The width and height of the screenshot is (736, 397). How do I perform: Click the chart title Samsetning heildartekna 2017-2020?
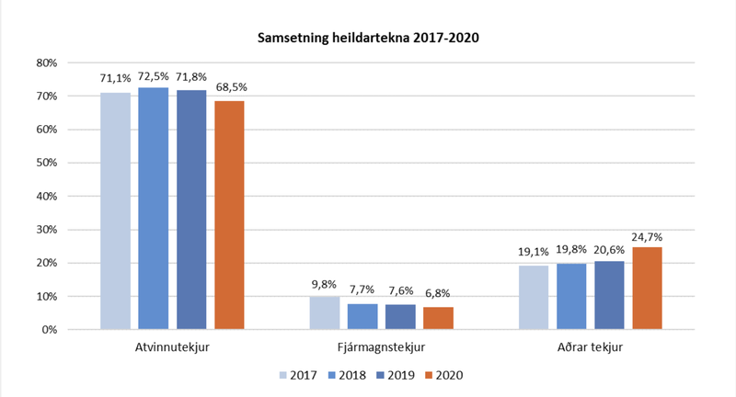point(368,39)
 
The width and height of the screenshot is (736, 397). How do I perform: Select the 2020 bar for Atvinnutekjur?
point(229,214)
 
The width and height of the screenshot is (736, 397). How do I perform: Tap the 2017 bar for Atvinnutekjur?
point(115,210)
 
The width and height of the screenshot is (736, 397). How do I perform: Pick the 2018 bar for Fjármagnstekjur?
point(362,316)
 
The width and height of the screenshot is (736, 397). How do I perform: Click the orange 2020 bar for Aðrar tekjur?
point(648,288)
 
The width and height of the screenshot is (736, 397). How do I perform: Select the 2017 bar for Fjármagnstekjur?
point(324,312)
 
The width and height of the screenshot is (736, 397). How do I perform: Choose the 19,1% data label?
point(533,251)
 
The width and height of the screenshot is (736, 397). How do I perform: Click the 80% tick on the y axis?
point(47,62)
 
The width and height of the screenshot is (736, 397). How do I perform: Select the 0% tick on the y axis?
point(51,329)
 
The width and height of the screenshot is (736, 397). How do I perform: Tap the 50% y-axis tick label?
point(47,163)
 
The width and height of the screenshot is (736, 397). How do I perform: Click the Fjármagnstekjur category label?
point(381,348)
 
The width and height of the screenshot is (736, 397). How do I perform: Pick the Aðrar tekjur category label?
point(590,348)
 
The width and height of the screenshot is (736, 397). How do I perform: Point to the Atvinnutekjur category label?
point(172,348)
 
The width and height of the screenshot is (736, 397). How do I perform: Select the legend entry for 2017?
point(296,376)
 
